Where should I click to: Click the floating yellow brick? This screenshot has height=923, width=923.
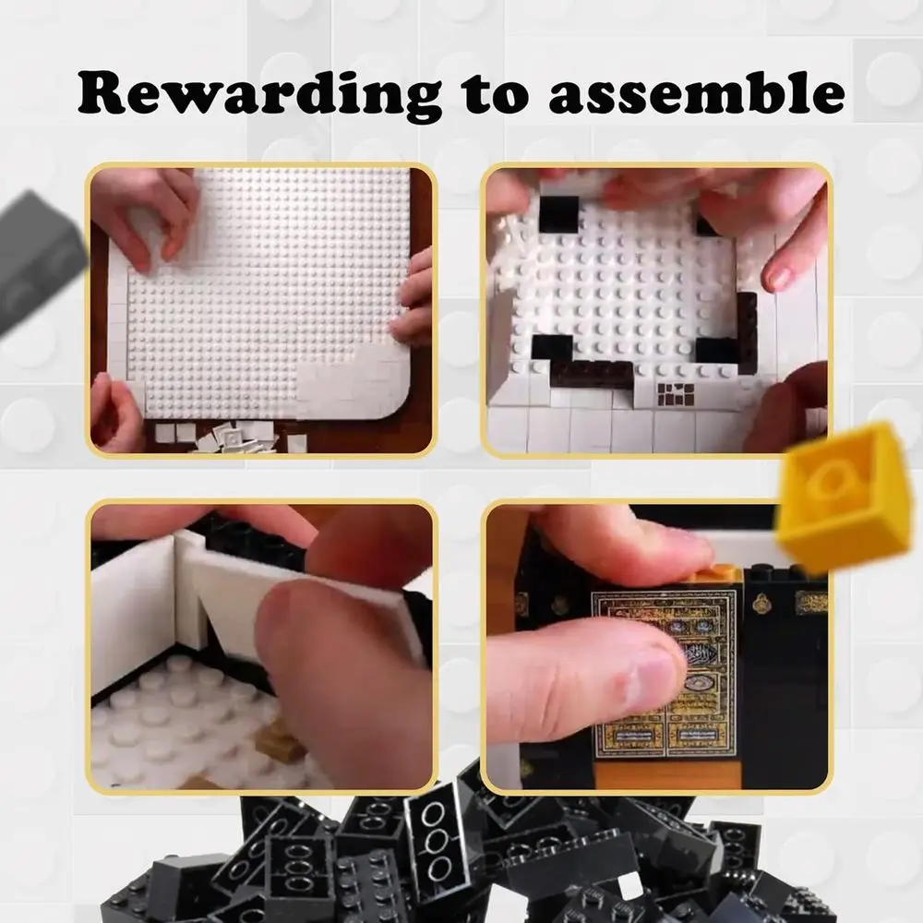pos(842,498)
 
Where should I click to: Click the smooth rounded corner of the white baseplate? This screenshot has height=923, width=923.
pos(392,402)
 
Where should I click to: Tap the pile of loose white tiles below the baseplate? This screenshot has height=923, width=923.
pos(231,436)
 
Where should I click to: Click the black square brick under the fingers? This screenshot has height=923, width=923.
pos(558,214)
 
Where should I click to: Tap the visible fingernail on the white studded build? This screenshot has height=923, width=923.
pos(777,276)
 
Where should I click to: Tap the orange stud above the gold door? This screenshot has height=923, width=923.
pos(720,574)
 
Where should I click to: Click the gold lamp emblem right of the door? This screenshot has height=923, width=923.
pos(761,604)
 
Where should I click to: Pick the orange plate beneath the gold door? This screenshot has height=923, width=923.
pos(665,773)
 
